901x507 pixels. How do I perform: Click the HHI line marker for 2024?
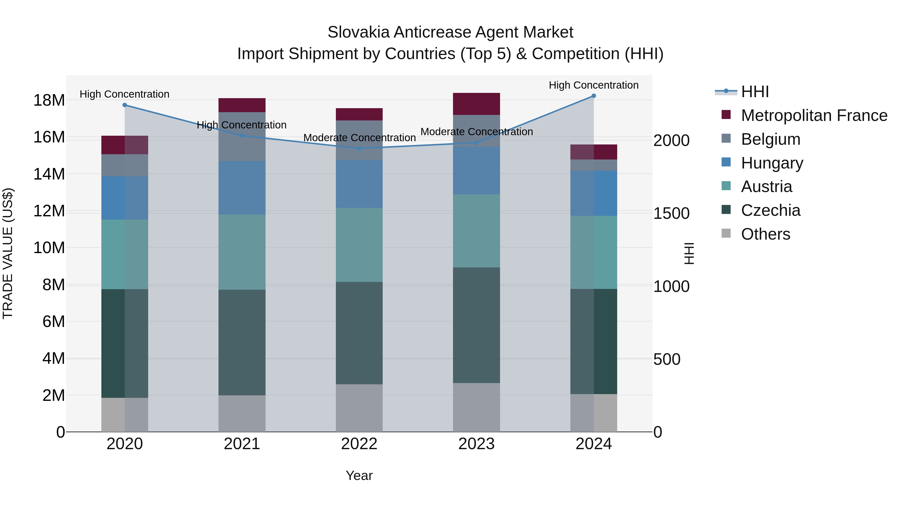pyautogui.click(x=594, y=96)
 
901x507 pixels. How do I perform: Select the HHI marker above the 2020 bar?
pyautogui.click(x=125, y=105)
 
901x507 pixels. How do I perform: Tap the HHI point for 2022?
pyautogui.click(x=359, y=148)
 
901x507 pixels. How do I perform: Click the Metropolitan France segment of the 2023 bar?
pyautogui.click(x=476, y=104)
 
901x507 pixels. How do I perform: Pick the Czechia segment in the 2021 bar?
pyautogui.click(x=242, y=342)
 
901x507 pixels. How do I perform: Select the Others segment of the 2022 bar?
pyautogui.click(x=359, y=408)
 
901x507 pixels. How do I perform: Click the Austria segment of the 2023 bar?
pyautogui.click(x=476, y=231)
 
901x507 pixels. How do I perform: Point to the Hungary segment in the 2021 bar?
pyautogui.click(x=242, y=188)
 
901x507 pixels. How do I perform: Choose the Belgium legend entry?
pyautogui.click(x=771, y=139)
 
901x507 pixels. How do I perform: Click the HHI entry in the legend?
pyautogui.click(x=755, y=92)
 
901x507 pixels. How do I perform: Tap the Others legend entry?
pyautogui.click(x=765, y=234)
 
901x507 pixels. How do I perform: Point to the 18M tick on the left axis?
pyautogui.click(x=49, y=100)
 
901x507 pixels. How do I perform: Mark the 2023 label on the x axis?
pyautogui.click(x=476, y=444)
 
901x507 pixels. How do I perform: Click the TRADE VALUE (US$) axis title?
pyautogui.click(x=8, y=253)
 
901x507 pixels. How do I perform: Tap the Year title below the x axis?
pyautogui.click(x=359, y=475)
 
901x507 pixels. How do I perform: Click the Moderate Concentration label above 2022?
pyautogui.click(x=359, y=138)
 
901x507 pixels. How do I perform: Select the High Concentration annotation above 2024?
pyautogui.click(x=594, y=85)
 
